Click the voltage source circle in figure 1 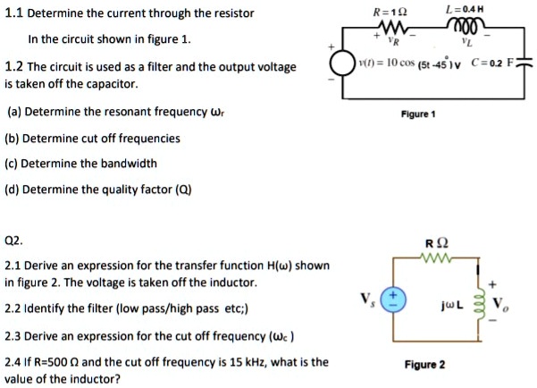(x=343, y=63)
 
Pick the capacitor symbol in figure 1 (x=524, y=63)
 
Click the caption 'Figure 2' (x=424, y=365)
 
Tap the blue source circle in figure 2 (x=394, y=299)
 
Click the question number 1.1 (x=14, y=13)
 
